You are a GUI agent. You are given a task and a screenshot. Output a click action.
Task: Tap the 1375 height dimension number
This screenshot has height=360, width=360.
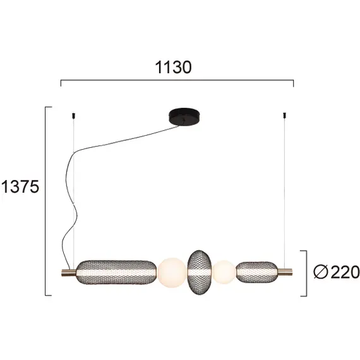tap(20, 187)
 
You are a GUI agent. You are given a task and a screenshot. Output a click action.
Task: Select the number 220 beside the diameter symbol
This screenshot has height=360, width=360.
tap(344, 272)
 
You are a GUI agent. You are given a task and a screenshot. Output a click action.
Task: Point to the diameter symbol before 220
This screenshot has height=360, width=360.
tap(321, 272)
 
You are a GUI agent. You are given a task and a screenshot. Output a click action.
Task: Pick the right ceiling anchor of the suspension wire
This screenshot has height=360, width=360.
tap(285, 114)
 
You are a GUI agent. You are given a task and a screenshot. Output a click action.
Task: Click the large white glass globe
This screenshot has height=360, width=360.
tap(171, 272)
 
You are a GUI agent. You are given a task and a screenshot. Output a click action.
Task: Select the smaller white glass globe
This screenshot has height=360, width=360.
tap(224, 272)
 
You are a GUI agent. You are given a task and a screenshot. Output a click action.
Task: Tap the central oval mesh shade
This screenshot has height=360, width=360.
tap(200, 271)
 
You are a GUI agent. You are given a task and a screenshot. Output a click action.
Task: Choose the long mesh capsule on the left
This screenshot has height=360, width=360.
tap(115, 272)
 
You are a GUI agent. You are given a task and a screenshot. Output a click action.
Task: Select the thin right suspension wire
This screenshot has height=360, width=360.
tap(285, 189)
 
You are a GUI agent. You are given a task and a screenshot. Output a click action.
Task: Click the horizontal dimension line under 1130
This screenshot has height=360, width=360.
tap(177, 80)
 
